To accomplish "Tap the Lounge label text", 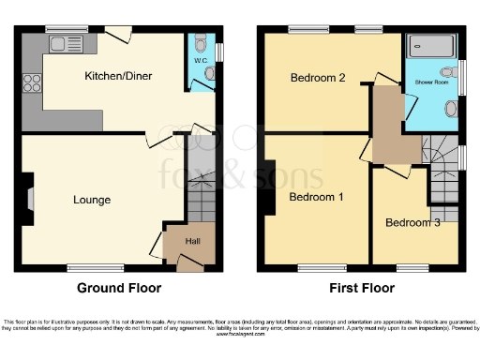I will (x=92, y=200).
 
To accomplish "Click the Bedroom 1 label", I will (x=315, y=197).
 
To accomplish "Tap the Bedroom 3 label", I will (x=412, y=222).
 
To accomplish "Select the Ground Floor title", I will (x=118, y=288).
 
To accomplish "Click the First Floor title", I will (x=361, y=288).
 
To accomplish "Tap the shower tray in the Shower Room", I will (x=433, y=44).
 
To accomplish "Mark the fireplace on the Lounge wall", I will (x=29, y=199).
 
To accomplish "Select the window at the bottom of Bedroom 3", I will (x=412, y=267).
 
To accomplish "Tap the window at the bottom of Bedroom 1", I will (x=314, y=267).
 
